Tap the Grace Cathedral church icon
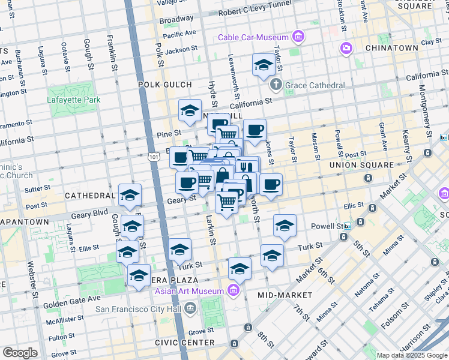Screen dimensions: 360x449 coord(276,85)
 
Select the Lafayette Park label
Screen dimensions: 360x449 coord(74,99)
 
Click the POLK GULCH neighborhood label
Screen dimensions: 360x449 coord(164,85)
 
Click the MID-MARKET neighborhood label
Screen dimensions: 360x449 coord(285,295)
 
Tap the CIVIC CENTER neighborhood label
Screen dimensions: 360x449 coord(185,343)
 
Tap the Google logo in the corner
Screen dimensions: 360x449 coord(20,353)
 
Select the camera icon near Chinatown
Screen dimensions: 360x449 coord(346,48)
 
